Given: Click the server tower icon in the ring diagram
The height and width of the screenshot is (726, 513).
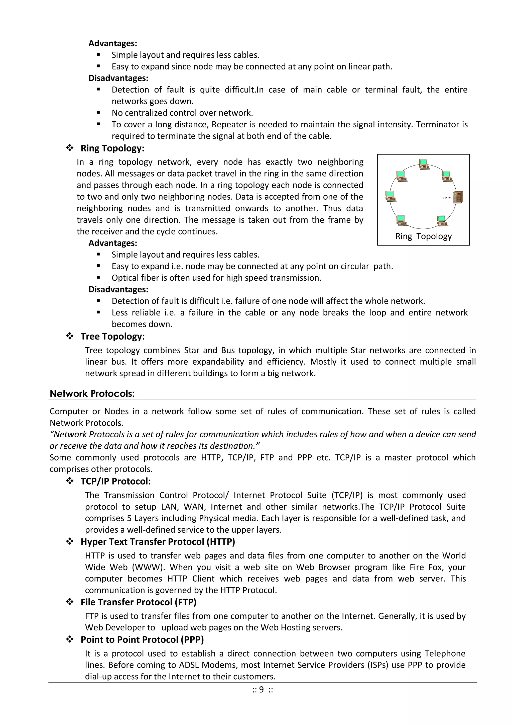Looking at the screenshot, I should coord(458,197).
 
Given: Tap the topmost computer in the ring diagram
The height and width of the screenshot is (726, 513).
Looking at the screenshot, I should coord(423,164).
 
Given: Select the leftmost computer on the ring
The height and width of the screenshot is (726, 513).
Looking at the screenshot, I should coord(391,196).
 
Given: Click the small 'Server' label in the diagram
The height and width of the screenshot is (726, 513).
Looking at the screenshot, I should coord(447,197).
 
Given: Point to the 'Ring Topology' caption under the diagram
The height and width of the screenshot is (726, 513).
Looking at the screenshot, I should coord(423,236).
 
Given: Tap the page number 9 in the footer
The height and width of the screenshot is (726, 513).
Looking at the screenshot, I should coord(261,689).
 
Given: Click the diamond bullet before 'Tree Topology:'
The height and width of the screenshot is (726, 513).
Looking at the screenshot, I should coord(70,336).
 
